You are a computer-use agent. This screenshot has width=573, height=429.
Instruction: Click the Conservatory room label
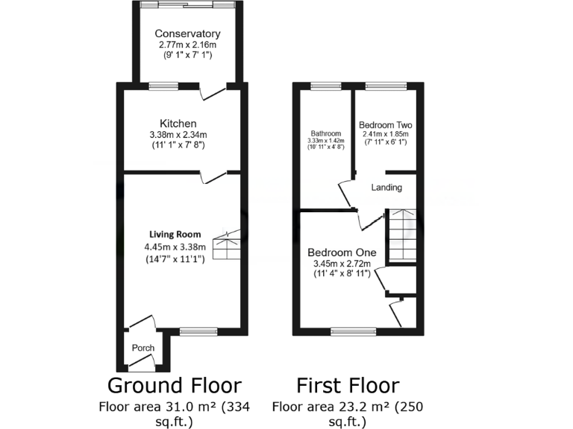187,34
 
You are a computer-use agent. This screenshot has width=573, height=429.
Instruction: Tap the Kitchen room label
178,123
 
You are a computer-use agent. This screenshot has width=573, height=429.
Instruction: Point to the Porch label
143,349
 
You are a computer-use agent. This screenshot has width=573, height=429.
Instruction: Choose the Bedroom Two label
385,124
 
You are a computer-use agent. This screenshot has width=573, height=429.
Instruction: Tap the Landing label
386,188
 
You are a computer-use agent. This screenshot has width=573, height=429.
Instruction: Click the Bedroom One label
343,252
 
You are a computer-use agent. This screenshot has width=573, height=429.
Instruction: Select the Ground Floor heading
175,385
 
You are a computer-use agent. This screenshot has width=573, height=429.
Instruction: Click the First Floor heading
348,385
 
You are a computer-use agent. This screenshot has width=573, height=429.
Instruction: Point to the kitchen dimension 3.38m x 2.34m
178,135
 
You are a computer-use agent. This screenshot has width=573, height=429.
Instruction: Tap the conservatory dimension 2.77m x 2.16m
187,45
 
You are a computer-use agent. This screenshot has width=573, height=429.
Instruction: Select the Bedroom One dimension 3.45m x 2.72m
343,263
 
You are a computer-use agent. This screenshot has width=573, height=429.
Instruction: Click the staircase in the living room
226,244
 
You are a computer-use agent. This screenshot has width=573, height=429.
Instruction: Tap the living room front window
198,331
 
